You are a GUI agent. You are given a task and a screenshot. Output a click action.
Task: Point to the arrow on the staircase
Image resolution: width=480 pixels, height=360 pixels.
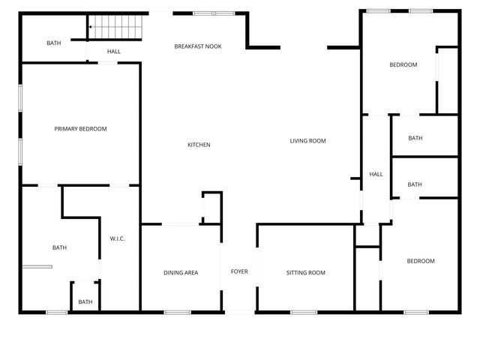click(91, 28)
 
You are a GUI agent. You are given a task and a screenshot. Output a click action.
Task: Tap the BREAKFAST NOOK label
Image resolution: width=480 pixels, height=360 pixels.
click(198, 46)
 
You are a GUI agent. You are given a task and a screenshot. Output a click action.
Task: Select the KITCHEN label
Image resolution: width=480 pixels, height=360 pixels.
click(199, 145)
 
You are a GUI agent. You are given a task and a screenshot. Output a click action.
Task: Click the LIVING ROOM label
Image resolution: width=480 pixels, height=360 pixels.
click(308, 141)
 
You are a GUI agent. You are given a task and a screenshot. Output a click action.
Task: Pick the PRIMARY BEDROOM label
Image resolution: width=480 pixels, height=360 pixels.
click(80, 129)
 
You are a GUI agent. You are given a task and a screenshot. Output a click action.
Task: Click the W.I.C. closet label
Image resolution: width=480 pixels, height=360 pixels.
click(117, 238)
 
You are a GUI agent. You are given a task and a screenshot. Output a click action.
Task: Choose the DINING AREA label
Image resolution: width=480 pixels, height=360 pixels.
click(181, 272)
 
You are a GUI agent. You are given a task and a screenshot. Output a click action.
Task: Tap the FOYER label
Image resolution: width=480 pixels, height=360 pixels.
click(239, 271)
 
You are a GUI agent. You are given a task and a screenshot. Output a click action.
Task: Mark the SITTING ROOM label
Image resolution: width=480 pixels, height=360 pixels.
click(306, 272)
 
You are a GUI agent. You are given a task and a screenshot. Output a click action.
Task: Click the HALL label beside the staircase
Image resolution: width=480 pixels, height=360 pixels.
click(114, 52)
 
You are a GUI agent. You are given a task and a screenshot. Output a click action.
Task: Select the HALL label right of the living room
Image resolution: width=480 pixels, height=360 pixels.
click(376, 174)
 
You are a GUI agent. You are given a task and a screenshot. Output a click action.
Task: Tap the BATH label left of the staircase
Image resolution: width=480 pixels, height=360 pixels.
click(54, 43)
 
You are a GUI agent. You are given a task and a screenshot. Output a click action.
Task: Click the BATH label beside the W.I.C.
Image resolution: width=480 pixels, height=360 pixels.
click(59, 247)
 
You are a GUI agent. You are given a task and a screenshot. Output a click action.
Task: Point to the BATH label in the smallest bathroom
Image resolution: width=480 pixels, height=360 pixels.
click(85, 302)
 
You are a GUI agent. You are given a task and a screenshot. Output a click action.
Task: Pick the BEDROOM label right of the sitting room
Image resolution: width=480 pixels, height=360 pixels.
click(421, 261)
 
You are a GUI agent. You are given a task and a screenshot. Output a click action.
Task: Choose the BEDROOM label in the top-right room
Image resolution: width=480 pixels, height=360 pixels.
click(403, 64)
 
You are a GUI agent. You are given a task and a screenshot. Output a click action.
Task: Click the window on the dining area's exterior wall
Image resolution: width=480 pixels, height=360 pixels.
click(178, 311)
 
